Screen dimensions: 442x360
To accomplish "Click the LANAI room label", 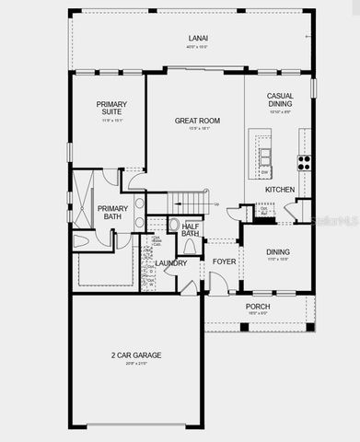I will pos(198,39).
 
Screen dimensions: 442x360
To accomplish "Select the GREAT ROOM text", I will pos(197,120).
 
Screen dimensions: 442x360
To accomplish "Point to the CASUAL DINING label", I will pos(280,100).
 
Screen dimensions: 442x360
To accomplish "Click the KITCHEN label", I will pos(279,190).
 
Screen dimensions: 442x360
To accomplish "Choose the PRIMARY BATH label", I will pos(112,213).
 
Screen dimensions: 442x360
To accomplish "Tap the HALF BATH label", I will pos(191,229).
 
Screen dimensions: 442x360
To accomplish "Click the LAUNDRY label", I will pos(171,263).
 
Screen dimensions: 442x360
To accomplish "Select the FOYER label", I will pos(224,262).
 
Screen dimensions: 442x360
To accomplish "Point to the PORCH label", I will pos(257,307).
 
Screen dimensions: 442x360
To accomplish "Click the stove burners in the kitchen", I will pos(303,162).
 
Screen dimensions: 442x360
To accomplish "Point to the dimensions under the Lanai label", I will pos(198,48).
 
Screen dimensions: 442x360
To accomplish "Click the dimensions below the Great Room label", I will pos(197,129).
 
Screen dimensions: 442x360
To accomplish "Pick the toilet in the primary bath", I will pos(81,240).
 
